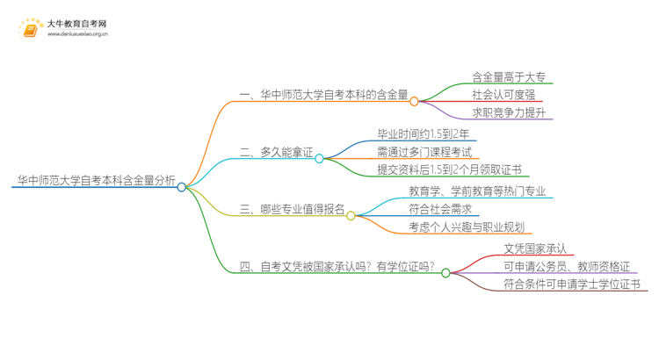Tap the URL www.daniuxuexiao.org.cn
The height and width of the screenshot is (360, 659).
77,35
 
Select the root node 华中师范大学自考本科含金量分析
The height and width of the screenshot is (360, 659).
95,181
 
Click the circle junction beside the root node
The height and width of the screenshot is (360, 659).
182,187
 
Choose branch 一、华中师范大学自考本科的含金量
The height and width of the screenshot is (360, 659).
323,96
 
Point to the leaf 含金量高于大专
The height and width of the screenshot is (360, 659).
508,77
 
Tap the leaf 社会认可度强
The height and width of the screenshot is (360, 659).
503,95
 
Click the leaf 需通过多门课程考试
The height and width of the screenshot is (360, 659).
424,152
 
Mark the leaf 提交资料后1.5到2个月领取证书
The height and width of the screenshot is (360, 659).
449,169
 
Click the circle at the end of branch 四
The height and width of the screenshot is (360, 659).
445,273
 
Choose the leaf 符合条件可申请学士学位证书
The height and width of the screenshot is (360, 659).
572,284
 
